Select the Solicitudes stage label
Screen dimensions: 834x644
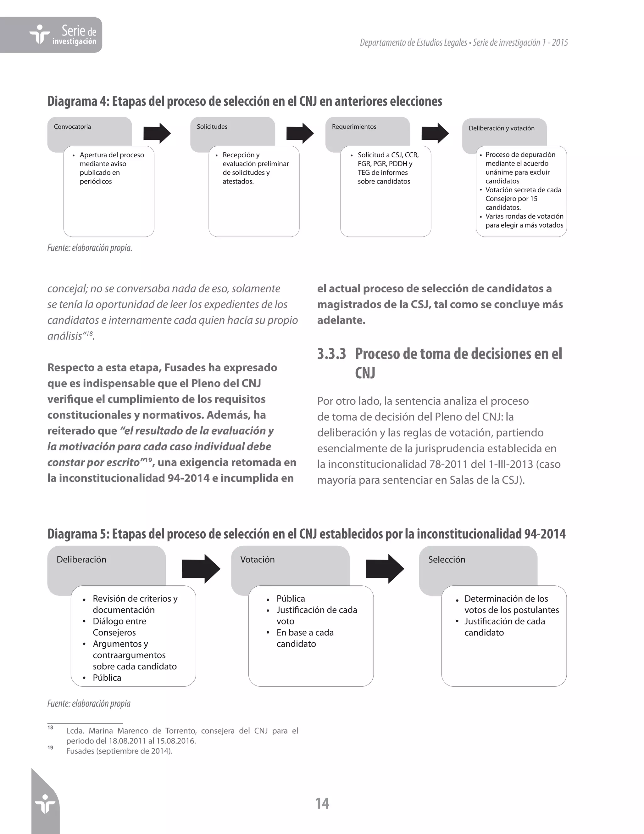point(212,127)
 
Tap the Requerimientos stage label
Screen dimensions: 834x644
point(354,127)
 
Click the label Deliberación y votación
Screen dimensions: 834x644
point(501,128)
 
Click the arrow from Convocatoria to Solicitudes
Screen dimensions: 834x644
point(157,133)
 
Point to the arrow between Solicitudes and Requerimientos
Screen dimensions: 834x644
point(300,133)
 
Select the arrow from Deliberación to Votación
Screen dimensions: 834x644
point(201,569)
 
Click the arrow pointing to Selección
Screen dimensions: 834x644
point(384,569)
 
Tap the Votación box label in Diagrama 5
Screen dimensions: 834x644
point(257,560)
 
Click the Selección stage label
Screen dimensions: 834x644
point(447,560)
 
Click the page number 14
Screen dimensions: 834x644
point(322,803)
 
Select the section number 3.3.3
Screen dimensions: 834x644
point(331,354)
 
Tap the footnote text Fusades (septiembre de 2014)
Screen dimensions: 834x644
point(119,751)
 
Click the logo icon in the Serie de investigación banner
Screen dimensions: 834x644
point(40,34)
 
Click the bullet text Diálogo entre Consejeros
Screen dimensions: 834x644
point(119,627)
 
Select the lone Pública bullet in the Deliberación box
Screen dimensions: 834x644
point(107,678)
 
